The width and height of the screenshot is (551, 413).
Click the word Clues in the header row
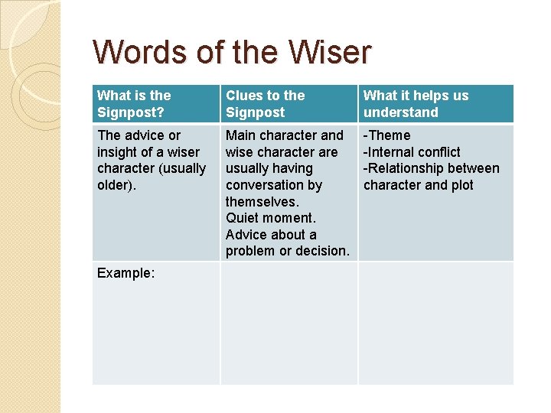tap(243, 96)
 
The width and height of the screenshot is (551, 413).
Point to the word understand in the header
tap(401, 112)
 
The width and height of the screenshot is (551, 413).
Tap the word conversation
tap(273, 185)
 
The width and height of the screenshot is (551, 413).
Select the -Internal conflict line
tap(412, 152)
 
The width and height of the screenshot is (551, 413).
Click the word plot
tap(461, 185)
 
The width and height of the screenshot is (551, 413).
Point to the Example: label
tap(126, 272)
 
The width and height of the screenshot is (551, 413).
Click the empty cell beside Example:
tap(289, 323)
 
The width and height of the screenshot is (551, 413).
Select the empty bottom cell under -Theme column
tap(435, 323)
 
